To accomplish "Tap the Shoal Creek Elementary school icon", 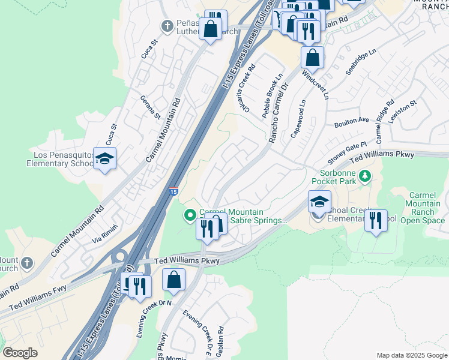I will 319,202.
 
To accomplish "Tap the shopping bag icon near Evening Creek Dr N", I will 173,280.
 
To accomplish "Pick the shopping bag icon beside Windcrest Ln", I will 312,59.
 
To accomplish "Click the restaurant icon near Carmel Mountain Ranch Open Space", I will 376,221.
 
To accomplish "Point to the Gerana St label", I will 151,107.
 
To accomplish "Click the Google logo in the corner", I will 20,352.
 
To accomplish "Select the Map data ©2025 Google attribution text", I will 411,355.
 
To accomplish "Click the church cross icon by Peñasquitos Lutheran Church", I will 168,26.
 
